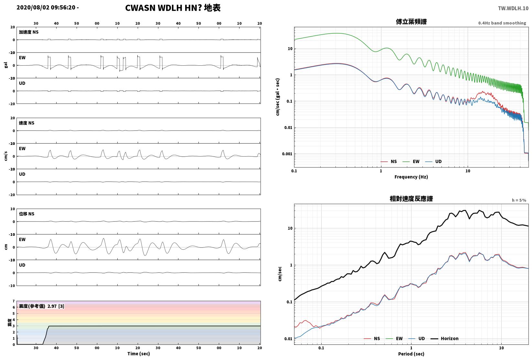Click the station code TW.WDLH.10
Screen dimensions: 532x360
pyautogui.click(x=513, y=8)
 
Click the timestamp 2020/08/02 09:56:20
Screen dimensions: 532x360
pyautogui.click(x=46, y=7)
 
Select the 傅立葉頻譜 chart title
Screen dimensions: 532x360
pyautogui.click(x=411, y=22)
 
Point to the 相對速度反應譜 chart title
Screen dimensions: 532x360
pyautogui.click(x=411, y=199)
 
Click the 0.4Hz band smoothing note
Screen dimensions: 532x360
pyautogui.click(x=502, y=23)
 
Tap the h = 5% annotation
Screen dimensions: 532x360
pyautogui.click(x=519, y=200)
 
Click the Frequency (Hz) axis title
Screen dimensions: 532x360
pyautogui.click(x=411, y=177)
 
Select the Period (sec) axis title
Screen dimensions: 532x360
pyautogui.click(x=411, y=354)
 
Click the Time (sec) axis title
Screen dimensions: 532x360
pyautogui.click(x=139, y=354)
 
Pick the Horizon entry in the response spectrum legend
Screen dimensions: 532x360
pyautogui.click(x=450, y=338)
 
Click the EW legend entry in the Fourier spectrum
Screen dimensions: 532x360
pyautogui.click(x=416, y=161)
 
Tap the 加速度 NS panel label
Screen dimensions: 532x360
pyautogui.click(x=29, y=32)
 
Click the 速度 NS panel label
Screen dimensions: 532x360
pyautogui.click(x=27, y=123)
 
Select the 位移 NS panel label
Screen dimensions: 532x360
pyautogui.click(x=27, y=214)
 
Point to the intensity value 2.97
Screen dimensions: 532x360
pyautogui.click(x=52, y=306)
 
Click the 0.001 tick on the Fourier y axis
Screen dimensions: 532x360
pyautogui.click(x=287, y=154)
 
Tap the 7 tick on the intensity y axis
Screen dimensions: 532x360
pyautogui.click(x=14, y=301)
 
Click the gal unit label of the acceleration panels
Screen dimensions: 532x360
pyautogui.click(x=6, y=65)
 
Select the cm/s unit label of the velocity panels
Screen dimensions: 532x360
pyautogui.click(x=6, y=156)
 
